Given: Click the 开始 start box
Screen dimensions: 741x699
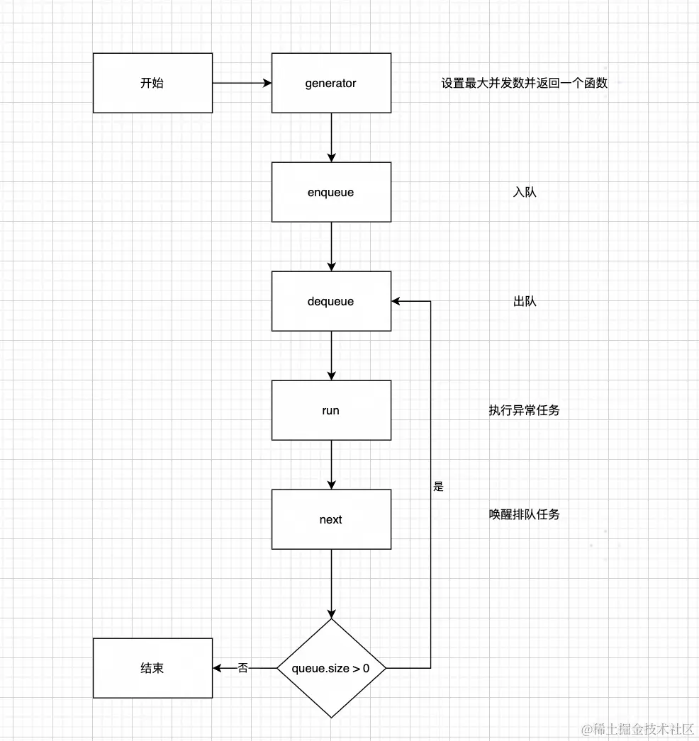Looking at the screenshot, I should tap(152, 83).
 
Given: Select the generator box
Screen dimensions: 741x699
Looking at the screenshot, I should tap(331, 83).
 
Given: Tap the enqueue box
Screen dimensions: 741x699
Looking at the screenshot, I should tap(331, 192).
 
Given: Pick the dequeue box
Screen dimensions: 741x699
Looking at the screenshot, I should tap(331, 301).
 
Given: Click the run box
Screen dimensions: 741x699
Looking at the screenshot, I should tap(331, 410).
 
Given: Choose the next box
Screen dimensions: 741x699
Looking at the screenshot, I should tap(331, 519).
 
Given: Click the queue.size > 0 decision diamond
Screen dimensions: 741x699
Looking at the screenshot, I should tap(331, 668).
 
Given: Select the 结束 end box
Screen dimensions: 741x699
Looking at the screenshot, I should tap(152, 668).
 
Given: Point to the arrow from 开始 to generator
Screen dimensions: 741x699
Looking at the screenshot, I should tap(242, 83).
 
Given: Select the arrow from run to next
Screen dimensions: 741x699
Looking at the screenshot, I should tap(331, 465).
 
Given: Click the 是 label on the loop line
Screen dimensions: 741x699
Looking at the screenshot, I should tap(438, 487).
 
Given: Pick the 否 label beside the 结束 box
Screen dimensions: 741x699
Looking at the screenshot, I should tap(243, 667).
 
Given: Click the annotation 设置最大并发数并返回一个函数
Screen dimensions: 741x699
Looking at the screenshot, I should tap(524, 83).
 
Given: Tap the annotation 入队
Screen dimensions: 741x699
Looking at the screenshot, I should tap(524, 192).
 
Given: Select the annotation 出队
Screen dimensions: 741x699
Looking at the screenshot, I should tap(524, 301).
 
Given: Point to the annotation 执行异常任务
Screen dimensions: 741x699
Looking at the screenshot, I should tap(524, 410).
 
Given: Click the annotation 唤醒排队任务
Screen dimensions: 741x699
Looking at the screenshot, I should tap(524, 514).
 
